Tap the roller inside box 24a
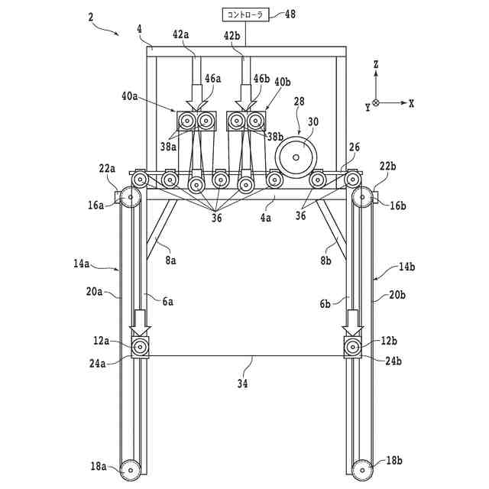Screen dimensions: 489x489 point(141,348)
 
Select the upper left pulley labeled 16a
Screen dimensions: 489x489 point(130,197)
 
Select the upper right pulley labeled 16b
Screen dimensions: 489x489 point(363,197)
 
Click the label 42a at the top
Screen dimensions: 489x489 point(183,34)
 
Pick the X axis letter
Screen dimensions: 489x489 point(412,102)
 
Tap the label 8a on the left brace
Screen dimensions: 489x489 point(170,260)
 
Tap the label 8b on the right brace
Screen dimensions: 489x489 point(326,260)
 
